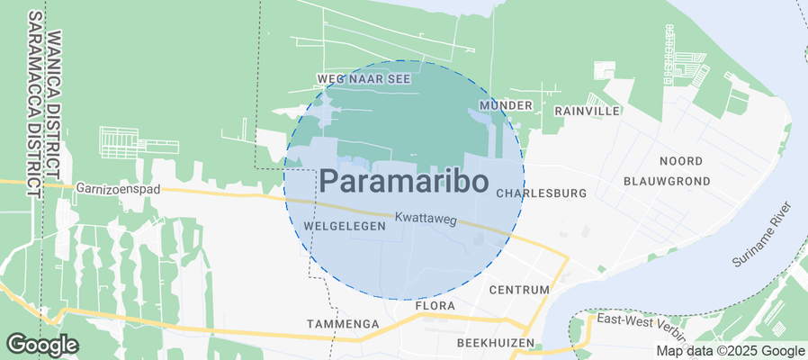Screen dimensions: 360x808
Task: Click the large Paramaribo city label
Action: click(404, 181)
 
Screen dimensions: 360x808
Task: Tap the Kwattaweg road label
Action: click(426, 219)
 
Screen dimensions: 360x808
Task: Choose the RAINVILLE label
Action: click(588, 111)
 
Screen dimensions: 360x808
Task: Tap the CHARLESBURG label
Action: click(541, 193)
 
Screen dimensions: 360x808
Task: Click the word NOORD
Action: click(681, 161)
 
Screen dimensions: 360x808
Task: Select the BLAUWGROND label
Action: click(667, 181)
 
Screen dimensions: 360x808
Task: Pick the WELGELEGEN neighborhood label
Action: click(346, 226)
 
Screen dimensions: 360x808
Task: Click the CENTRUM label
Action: click(518, 291)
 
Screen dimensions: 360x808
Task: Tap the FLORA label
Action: click(438, 307)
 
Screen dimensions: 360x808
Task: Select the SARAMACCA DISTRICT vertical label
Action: click(34, 105)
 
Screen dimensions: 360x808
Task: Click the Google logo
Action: click(42, 344)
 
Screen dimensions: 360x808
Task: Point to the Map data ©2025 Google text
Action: click(730, 351)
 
